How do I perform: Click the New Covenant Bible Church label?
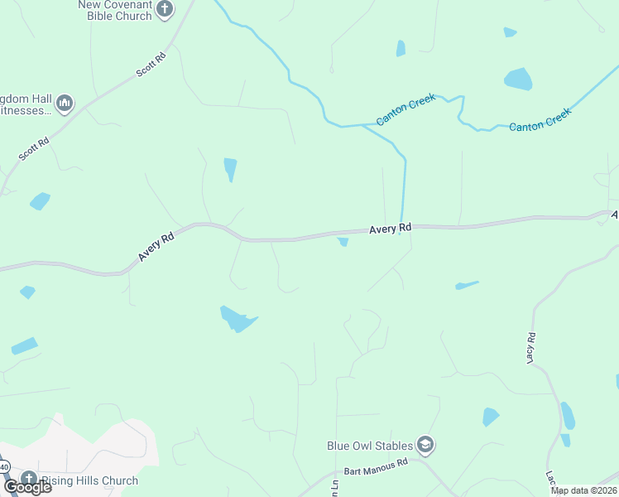pos(116,10)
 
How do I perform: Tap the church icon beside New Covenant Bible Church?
pos(165,9)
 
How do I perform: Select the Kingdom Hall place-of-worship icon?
pos(65,104)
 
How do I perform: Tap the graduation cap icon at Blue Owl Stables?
pos(425,446)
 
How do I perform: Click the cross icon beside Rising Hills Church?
pos(29,480)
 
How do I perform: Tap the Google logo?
pos(27,486)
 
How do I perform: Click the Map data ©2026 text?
pos(583,490)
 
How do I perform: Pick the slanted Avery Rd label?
pos(156,247)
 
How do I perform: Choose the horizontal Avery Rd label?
pos(390,228)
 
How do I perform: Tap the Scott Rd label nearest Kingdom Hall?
pos(34,148)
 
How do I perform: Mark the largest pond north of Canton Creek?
pos(518,79)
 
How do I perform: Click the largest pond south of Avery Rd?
pos(237,317)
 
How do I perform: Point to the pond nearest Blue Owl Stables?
pos(491,416)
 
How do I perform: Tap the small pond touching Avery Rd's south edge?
pos(343,242)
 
